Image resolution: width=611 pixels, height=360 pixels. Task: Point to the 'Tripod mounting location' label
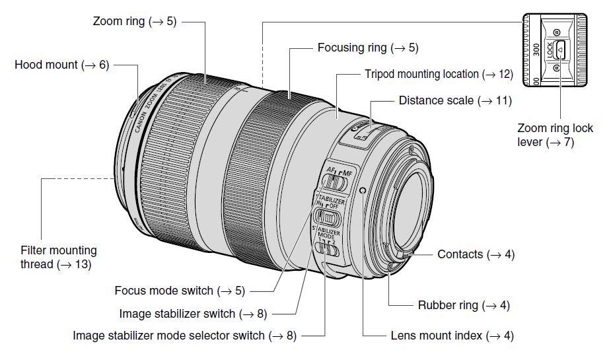439,74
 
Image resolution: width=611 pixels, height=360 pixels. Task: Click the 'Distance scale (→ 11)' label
455,100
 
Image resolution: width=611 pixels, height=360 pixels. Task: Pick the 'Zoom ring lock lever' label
556,134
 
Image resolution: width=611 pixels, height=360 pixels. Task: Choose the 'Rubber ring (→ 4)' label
464,305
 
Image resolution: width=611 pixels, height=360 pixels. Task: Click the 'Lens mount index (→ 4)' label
452,336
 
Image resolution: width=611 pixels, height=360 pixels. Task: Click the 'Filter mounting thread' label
58,258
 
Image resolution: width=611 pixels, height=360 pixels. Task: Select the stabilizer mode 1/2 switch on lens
325,248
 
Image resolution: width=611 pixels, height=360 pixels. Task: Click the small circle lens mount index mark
363,191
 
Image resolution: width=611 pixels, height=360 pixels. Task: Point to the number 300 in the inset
536,49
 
